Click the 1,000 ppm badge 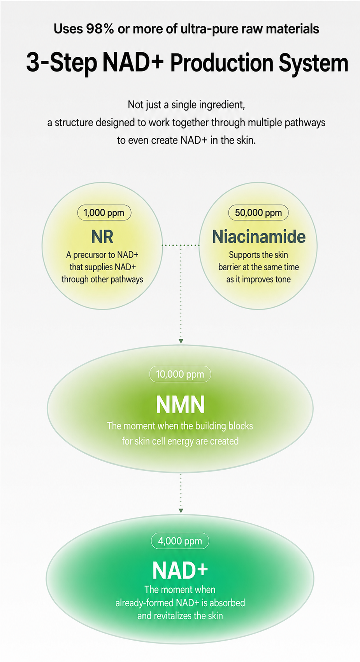coord(104,213)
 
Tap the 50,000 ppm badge coord(258,213)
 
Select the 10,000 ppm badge coord(180,374)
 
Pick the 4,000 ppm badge coord(180,541)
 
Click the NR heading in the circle coord(102,237)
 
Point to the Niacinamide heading coord(259,237)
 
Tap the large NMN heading coord(180,405)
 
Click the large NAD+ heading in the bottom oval coord(180,570)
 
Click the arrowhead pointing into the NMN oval coord(181,342)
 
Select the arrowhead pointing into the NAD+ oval coord(181,511)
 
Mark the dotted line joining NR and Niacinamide coord(181,245)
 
